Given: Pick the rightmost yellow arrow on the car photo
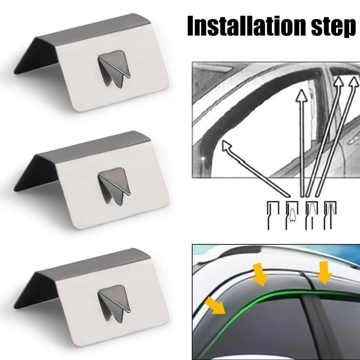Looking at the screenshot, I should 324,272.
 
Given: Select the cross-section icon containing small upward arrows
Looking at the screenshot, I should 292,215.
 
